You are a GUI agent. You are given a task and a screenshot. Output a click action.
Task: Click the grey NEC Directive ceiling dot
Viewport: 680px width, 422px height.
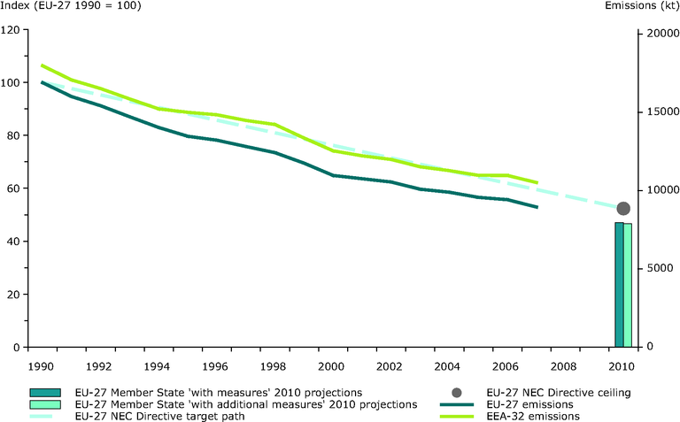tap(623, 209)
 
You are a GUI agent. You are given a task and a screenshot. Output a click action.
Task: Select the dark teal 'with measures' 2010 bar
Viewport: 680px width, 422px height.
tap(619, 285)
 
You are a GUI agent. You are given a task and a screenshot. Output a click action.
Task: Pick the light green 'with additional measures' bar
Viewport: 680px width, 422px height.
tap(628, 286)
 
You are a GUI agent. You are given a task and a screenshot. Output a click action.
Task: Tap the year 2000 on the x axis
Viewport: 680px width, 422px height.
tap(331, 365)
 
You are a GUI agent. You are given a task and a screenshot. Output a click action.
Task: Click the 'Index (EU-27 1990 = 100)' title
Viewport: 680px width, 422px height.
tap(72, 7)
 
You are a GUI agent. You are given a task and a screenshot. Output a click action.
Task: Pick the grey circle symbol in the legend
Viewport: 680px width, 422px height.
tap(456, 392)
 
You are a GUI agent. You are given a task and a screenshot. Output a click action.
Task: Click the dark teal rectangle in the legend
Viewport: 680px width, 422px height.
tap(42, 392)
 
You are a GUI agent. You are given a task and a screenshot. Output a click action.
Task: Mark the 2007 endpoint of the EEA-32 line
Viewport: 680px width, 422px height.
tap(537, 183)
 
